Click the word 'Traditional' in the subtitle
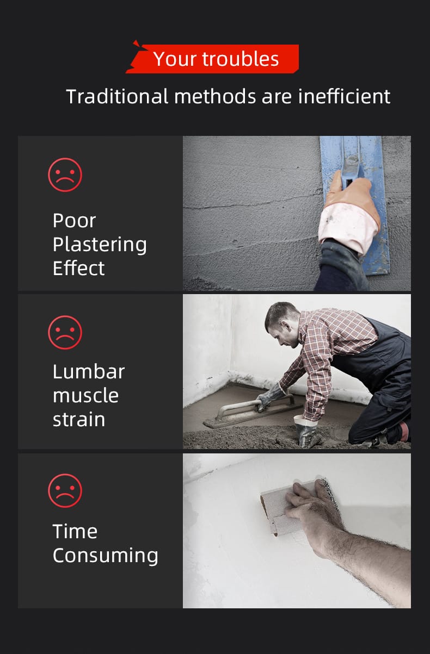pos(117,96)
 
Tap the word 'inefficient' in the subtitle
pos(344,96)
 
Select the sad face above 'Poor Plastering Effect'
pos(65,175)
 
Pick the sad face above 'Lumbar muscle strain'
pos(65,333)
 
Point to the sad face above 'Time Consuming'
pos(65,491)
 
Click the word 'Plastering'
pos(100,245)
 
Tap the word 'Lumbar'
pos(89,372)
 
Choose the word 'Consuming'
pos(106,556)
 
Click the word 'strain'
pos(79,420)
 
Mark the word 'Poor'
pos(74,220)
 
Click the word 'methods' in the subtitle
pos(215,96)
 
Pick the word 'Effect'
pos(78,268)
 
